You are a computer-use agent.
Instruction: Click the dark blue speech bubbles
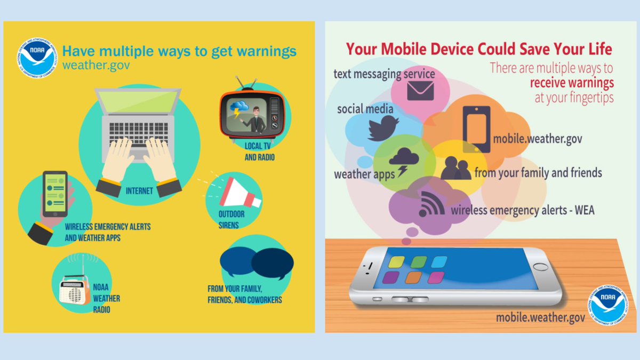click(257, 263)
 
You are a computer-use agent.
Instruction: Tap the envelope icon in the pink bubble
click(421, 90)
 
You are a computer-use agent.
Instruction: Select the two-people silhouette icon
click(455, 169)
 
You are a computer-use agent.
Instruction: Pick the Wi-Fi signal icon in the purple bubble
click(429, 203)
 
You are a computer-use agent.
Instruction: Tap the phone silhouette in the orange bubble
click(476, 129)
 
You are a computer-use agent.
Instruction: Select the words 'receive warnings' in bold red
click(571, 83)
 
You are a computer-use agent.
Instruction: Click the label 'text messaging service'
click(384, 74)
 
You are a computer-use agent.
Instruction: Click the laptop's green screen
click(138, 101)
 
